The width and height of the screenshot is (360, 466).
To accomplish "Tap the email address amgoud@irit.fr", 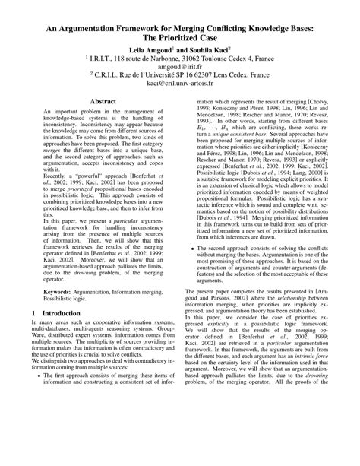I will click(180, 65).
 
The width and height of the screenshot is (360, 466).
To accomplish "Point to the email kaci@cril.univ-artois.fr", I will click(181, 87).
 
